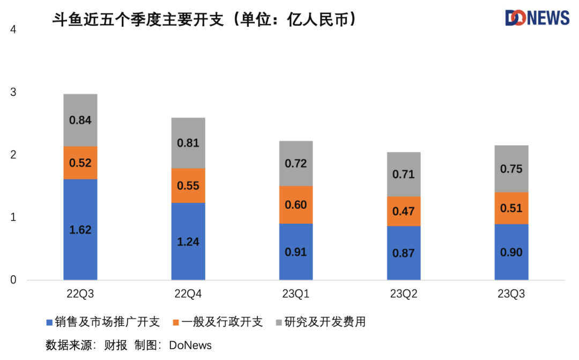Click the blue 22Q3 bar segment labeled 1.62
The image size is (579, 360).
[x=80, y=230]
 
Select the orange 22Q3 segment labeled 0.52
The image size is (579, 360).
[x=80, y=163]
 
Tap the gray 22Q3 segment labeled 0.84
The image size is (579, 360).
[x=80, y=120]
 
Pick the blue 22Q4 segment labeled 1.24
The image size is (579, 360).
[x=188, y=241]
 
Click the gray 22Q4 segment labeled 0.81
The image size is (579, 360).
[x=188, y=143]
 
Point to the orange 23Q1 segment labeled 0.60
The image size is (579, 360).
[x=296, y=204]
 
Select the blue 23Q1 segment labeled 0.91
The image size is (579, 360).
[x=296, y=252]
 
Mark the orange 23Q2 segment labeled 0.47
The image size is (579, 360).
[x=404, y=211]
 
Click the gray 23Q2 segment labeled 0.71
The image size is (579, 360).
[x=404, y=174]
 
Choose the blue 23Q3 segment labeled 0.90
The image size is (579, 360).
[x=511, y=252]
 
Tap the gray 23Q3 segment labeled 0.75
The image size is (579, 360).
[x=511, y=168]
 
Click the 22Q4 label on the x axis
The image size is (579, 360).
[x=188, y=294]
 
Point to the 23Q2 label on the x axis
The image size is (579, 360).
[x=404, y=294]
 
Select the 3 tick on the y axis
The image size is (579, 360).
[x=13, y=92]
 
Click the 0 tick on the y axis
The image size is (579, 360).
[x=13, y=280]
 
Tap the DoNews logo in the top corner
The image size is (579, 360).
[x=537, y=18]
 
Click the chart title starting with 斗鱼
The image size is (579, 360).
[x=204, y=20]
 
